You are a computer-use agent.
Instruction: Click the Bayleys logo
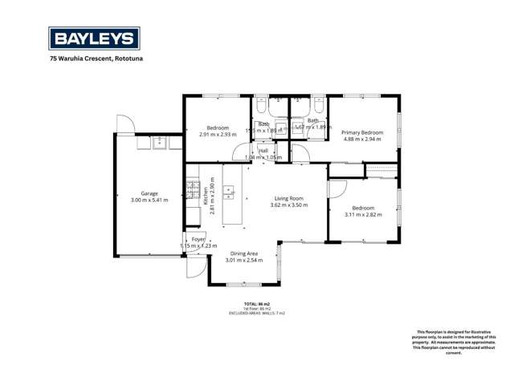[94, 38]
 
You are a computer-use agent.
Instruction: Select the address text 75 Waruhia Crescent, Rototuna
[99, 59]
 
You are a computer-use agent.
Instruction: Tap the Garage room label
[149, 193]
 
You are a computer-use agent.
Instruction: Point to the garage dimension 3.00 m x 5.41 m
[149, 200]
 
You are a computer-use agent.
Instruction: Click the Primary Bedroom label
[362, 132]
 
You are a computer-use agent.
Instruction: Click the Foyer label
[198, 239]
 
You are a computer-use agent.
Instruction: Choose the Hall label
[263, 151]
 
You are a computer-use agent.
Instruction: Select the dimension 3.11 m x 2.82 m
[364, 214]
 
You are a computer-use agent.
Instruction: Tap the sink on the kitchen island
[229, 192]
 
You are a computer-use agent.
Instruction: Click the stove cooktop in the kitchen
[193, 189]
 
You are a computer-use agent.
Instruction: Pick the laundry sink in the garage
[159, 143]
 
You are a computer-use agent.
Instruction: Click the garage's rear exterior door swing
[124, 124]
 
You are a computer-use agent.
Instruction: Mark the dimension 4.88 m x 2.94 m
[362, 139]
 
